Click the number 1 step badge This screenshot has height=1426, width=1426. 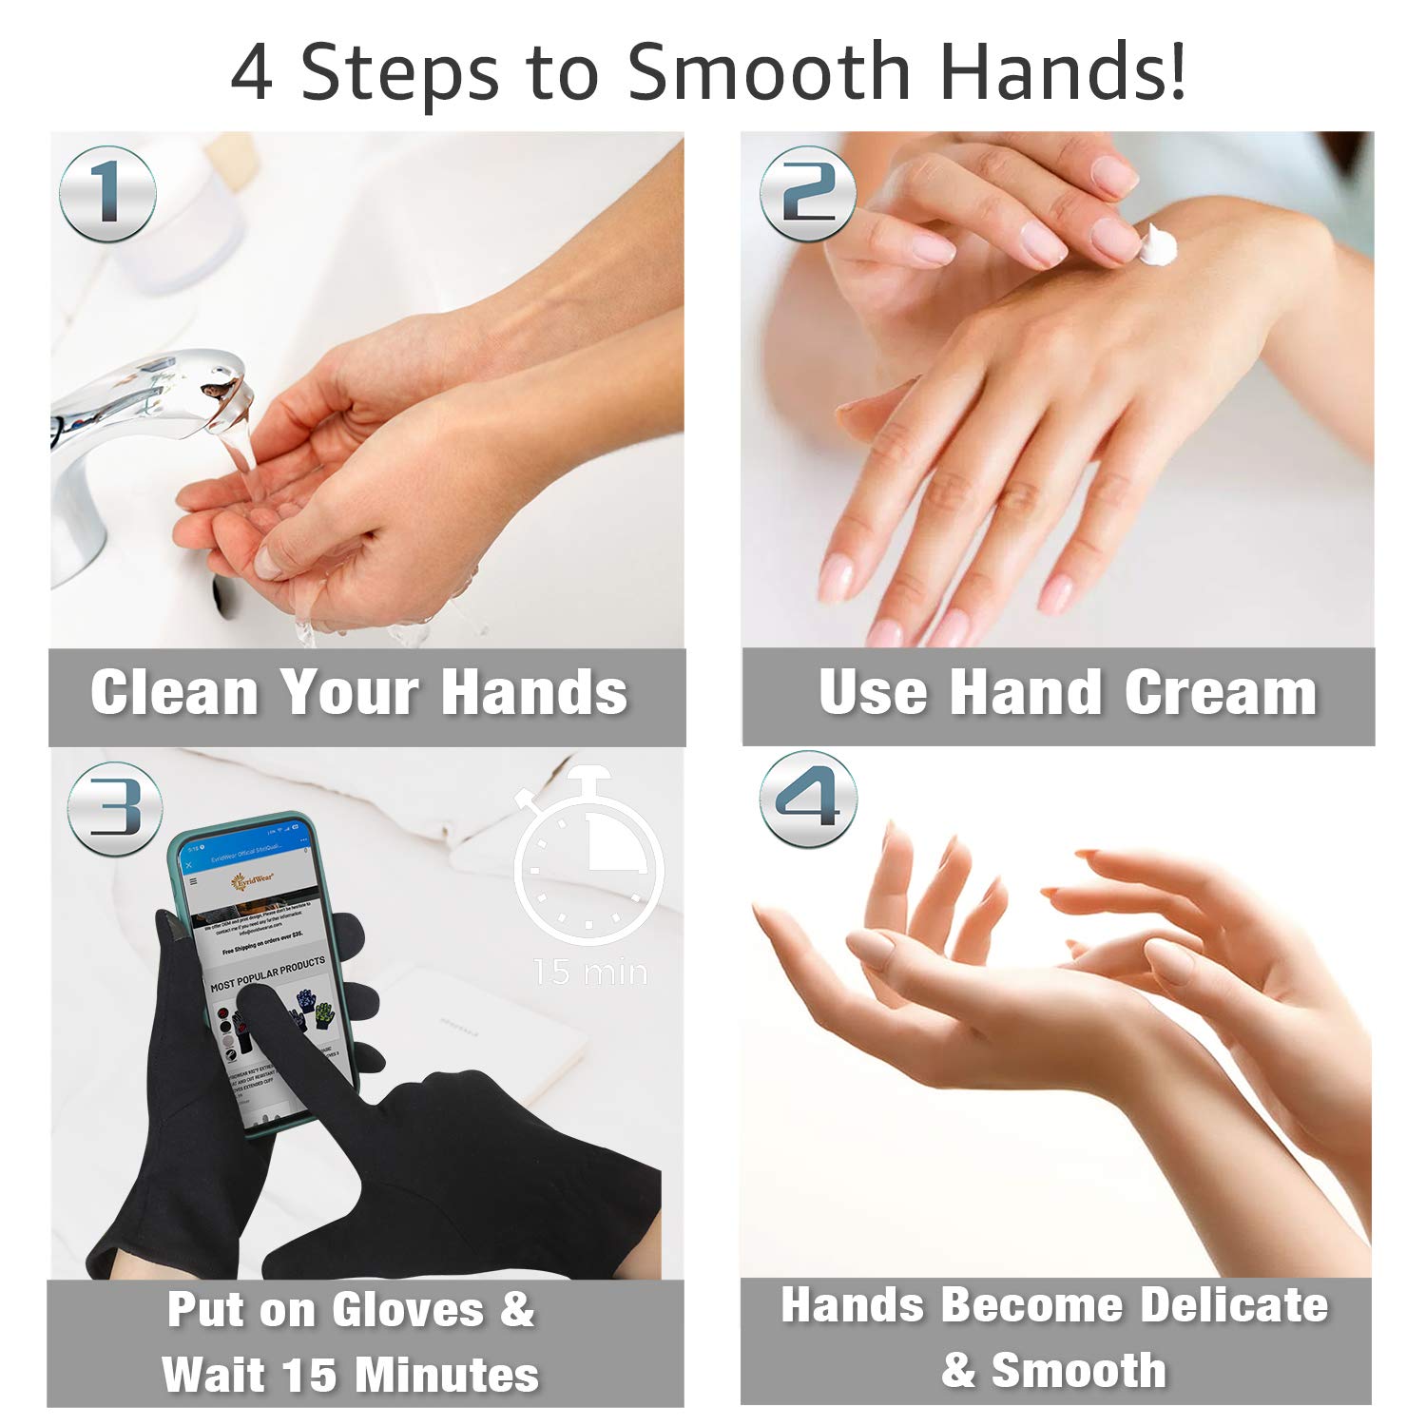click(x=107, y=194)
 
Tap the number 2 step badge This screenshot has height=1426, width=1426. click(x=807, y=194)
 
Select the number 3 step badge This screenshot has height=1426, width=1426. click(x=114, y=808)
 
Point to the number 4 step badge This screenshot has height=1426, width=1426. click(x=808, y=799)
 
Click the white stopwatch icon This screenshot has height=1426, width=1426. click(x=588, y=856)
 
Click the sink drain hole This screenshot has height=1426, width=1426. click(x=222, y=597)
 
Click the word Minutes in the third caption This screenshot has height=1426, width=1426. click(x=447, y=1375)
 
